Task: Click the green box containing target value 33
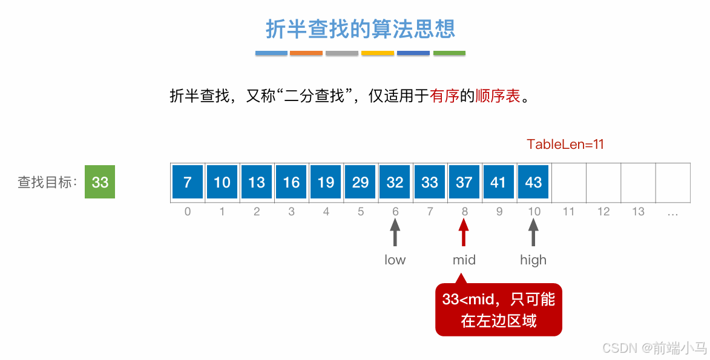pyautogui.click(x=100, y=182)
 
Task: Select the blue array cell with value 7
pyautogui.click(x=188, y=182)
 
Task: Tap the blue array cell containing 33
pyautogui.click(x=429, y=182)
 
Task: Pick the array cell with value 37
pyautogui.click(x=464, y=182)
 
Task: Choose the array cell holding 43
pyautogui.click(x=533, y=182)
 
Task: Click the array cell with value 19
pyautogui.click(x=326, y=182)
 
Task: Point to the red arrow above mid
pyautogui.click(x=464, y=232)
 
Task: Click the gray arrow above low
pyautogui.click(x=395, y=232)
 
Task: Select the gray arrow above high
pyautogui.click(x=533, y=232)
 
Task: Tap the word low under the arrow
pyautogui.click(x=395, y=260)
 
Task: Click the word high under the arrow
pyautogui.click(x=533, y=260)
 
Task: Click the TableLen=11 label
pyautogui.click(x=565, y=145)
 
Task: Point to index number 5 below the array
pyautogui.click(x=361, y=212)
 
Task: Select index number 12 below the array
pyautogui.click(x=603, y=212)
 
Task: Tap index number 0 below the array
pyautogui.click(x=188, y=212)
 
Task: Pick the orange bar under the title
pyautogui.click(x=306, y=53)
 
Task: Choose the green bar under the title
pyautogui.click(x=449, y=53)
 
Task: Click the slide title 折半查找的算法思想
pyautogui.click(x=360, y=28)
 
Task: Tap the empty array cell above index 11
pyautogui.click(x=569, y=182)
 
